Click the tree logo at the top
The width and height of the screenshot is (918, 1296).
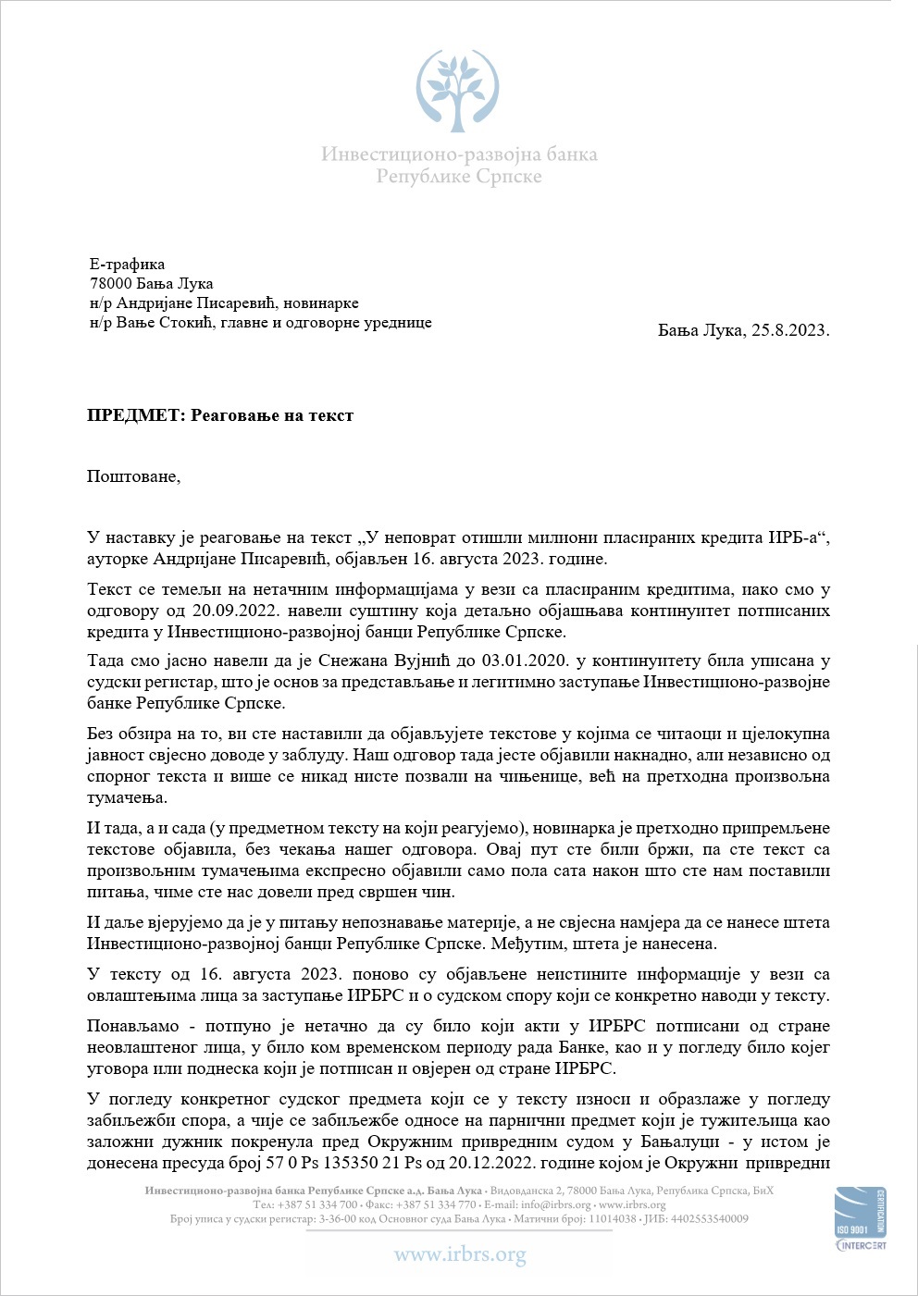click(x=457, y=91)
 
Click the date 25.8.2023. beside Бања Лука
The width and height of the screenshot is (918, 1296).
click(x=789, y=330)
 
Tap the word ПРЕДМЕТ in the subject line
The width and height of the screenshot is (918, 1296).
click(x=135, y=416)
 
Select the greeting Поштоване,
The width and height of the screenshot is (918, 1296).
click(x=133, y=477)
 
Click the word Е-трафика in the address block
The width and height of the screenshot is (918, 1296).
click(x=127, y=265)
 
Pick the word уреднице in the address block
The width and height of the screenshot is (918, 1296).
click(x=394, y=323)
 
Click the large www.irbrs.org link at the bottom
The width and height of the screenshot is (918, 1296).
click(x=459, y=1255)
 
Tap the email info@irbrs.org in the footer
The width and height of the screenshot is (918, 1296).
click(x=555, y=1205)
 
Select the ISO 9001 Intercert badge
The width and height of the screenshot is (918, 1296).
click(x=860, y=1219)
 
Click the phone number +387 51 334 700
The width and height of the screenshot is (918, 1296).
click(x=315, y=1205)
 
